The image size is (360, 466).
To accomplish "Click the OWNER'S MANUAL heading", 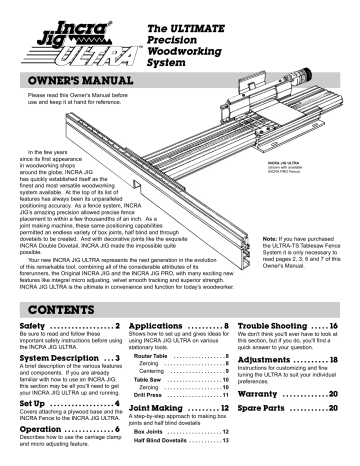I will coord(72,78).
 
